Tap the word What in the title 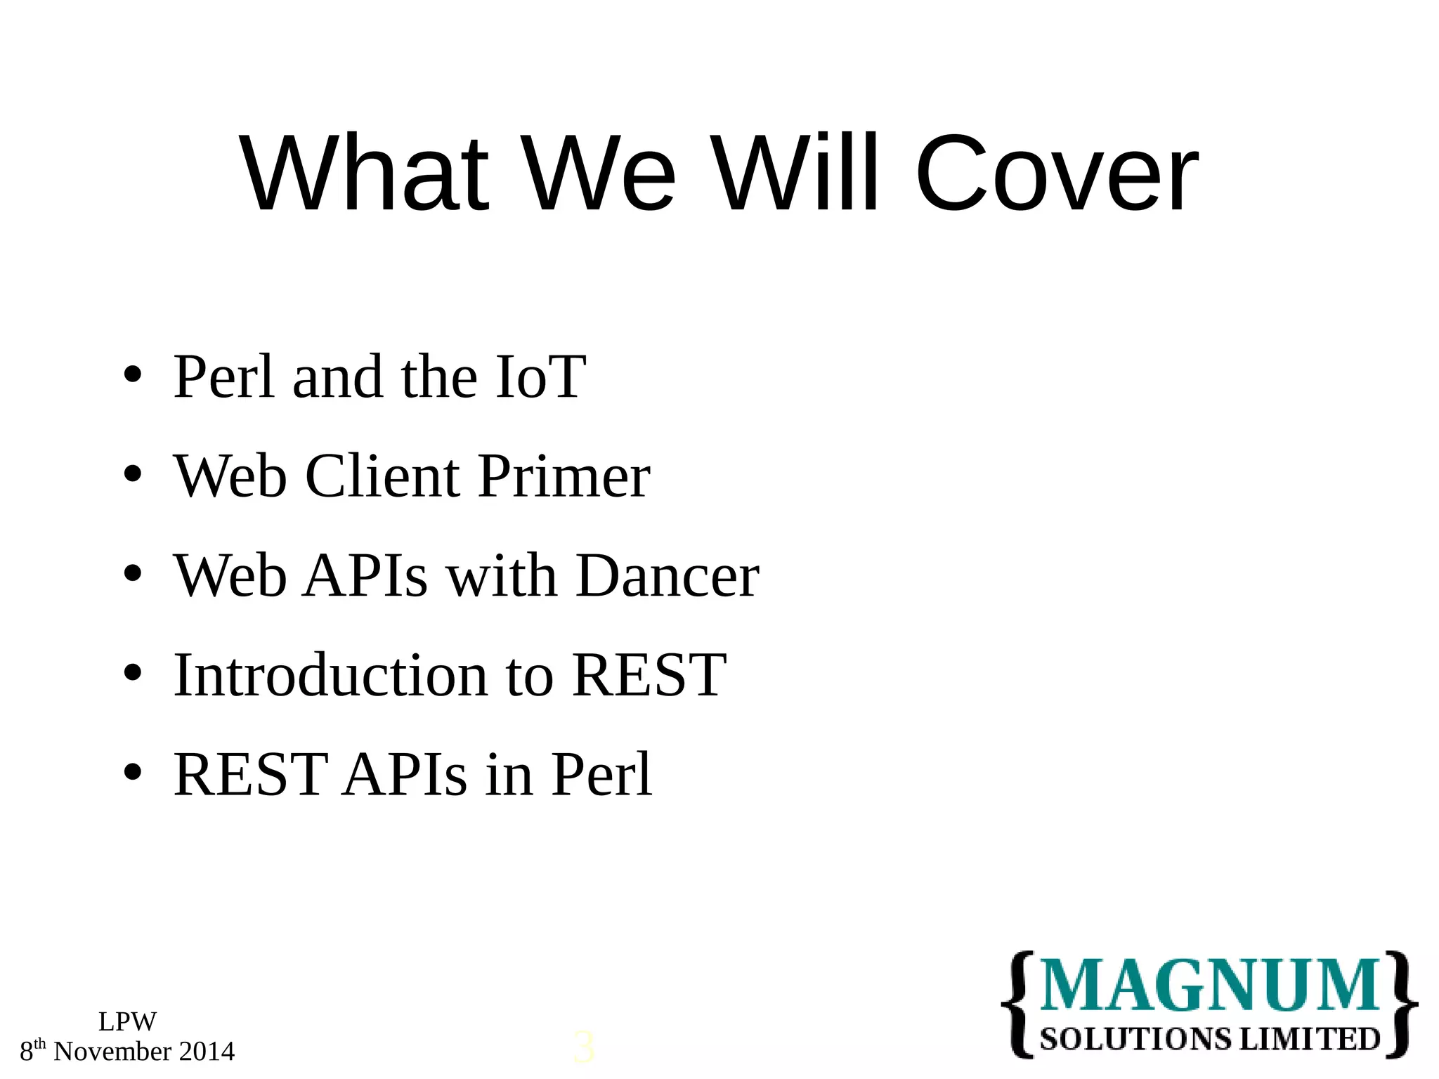[364, 174]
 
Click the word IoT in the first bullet [540, 377]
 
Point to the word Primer [564, 477]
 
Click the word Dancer [668, 576]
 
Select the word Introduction [330, 675]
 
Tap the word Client [383, 477]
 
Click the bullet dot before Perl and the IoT [132, 376]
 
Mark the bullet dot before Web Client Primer [132, 475]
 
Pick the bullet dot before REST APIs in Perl [132, 773]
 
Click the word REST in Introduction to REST [649, 675]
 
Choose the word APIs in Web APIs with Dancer [365, 576]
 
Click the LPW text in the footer [127, 1021]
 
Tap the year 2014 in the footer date [207, 1052]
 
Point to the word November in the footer [112, 1052]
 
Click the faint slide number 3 [583, 1047]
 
